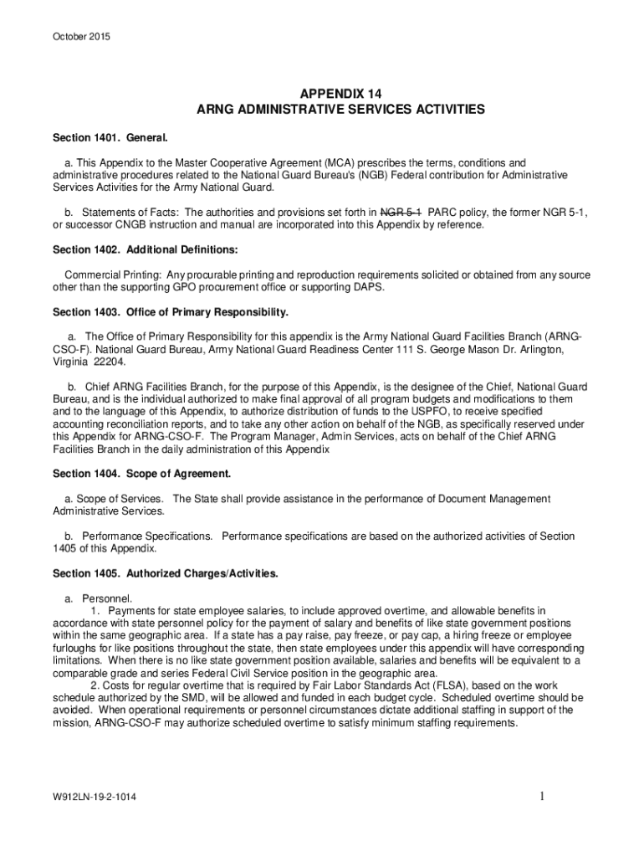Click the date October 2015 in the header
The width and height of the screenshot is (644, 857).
81,37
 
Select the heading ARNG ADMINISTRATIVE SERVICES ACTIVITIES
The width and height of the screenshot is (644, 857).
340,110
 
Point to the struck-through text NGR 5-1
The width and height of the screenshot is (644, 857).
401,213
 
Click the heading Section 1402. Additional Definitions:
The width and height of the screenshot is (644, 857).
146,249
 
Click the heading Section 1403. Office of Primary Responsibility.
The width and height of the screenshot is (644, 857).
171,312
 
